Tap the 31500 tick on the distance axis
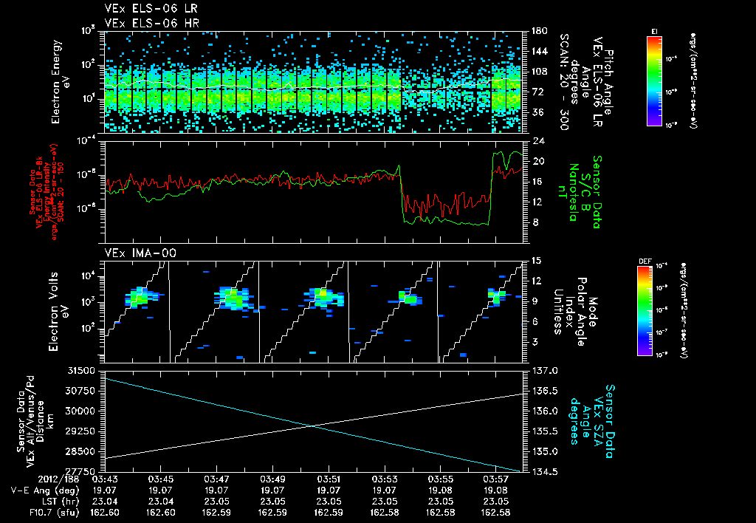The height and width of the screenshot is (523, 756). pos(83,369)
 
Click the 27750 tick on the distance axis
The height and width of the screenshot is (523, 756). pos(83,471)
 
